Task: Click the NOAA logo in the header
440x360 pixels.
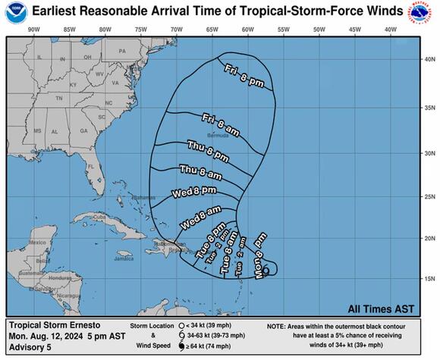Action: coord(15,11)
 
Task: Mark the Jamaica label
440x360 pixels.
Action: coord(124,258)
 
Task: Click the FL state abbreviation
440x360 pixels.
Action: coord(89,167)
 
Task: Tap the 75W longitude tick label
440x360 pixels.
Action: coord(140,29)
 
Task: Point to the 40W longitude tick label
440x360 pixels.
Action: coord(390,29)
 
